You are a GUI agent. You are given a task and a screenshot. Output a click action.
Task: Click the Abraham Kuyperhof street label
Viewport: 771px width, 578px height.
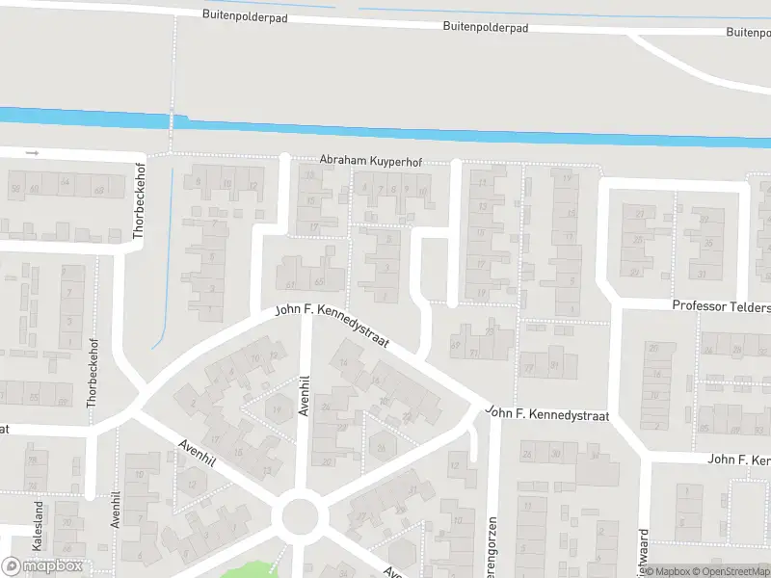pos(371,162)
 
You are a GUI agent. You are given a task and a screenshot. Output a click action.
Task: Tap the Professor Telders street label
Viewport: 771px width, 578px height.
pos(721,306)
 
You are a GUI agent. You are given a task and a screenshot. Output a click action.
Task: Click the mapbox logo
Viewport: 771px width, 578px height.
pos(42,566)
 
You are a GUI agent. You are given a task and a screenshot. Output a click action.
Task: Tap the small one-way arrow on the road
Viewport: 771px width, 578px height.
pos(32,152)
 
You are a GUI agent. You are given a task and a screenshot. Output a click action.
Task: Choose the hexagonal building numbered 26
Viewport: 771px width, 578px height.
pos(382,445)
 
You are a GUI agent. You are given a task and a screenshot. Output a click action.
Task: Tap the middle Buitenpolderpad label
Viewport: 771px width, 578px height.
pos(485,28)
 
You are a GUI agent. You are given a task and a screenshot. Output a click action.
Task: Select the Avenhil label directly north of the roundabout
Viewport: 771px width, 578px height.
pos(304,395)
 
